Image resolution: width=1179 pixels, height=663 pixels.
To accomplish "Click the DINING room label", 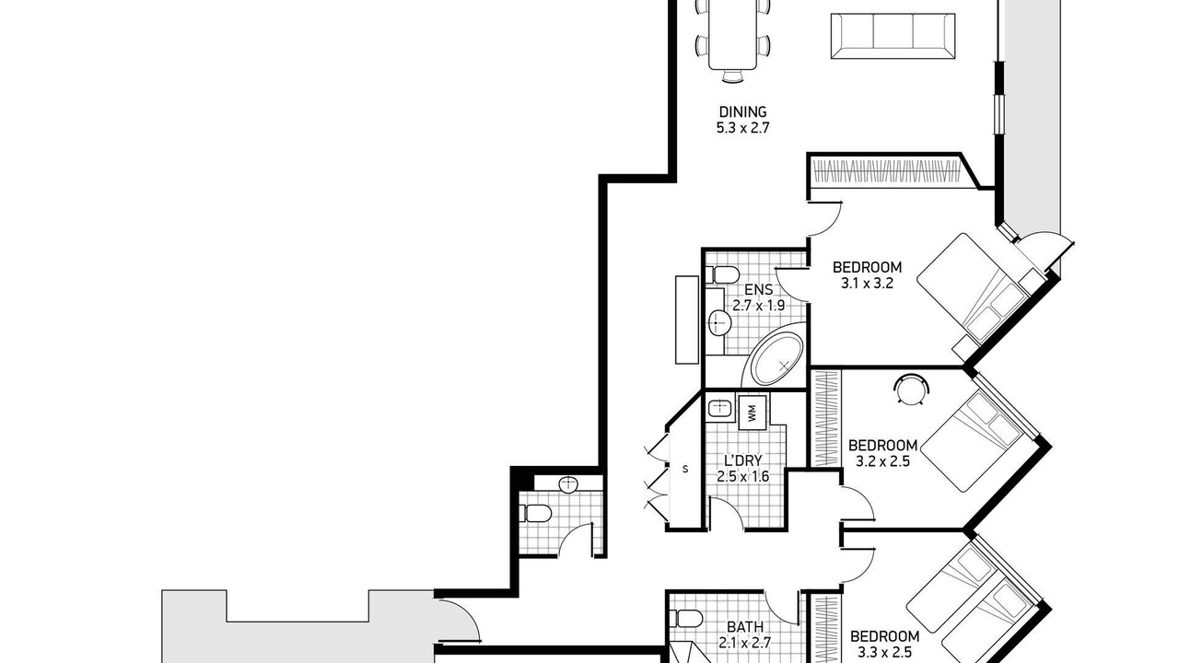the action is (742, 111).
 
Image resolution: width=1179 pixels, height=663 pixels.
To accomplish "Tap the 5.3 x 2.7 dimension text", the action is (742, 128).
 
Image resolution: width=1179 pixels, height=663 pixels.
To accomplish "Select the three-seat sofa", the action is (893, 36).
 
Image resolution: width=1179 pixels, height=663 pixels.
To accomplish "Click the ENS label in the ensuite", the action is (758, 289).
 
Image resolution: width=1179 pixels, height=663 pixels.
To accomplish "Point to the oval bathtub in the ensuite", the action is (776, 359).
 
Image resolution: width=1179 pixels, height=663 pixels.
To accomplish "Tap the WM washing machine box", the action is (753, 412).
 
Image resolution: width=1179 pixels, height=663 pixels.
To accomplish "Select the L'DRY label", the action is (742, 460).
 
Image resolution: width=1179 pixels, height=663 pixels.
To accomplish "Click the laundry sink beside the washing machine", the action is (720, 409).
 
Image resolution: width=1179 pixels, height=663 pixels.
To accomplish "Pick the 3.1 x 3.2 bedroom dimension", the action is (867, 284).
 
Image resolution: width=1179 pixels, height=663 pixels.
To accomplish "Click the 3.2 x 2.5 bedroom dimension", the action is (882, 462).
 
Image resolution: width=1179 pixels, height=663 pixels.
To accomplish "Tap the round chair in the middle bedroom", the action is (911, 390).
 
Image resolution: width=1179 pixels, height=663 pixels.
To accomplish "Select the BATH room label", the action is (745, 627).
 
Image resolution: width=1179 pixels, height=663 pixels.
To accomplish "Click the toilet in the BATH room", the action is (685, 618).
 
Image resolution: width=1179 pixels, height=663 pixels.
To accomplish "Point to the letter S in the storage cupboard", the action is (684, 469).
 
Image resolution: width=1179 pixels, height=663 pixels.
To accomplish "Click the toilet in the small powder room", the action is (535, 513).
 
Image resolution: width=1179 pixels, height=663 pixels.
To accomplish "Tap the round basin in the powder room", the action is (568, 483).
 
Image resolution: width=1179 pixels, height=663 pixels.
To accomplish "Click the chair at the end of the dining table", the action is (732, 76).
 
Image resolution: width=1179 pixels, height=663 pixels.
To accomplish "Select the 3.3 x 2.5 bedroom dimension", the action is (885, 653).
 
